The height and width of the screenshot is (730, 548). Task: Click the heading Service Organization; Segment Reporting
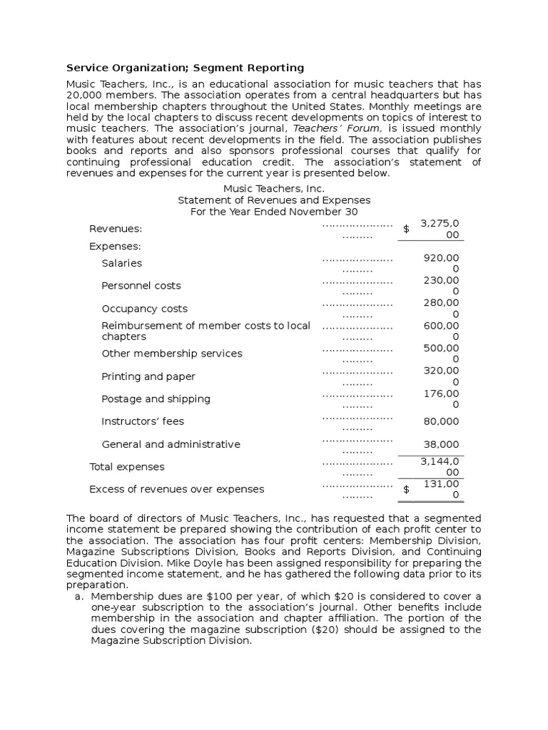coord(185,68)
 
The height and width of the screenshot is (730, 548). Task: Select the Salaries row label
coord(121,263)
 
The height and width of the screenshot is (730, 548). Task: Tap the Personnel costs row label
coord(141,286)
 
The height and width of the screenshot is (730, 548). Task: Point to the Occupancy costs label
coord(144,309)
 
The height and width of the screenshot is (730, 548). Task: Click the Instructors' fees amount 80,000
coord(442,421)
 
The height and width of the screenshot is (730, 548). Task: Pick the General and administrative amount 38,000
coord(442,444)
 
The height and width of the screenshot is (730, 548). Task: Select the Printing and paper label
coord(148,376)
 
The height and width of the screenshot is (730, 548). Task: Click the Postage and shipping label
coord(156,399)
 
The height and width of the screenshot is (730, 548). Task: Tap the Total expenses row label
coord(126,467)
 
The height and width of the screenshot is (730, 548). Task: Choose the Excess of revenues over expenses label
coord(176,489)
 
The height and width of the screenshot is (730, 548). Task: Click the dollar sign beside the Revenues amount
coord(406,229)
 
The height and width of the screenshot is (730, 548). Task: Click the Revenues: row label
coord(115,229)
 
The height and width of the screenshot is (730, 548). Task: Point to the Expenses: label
coord(115,246)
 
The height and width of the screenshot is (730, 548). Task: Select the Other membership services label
coord(171,354)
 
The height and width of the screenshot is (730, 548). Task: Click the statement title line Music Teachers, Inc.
coord(274,189)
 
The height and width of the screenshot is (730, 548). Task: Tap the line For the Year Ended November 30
coord(274,212)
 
